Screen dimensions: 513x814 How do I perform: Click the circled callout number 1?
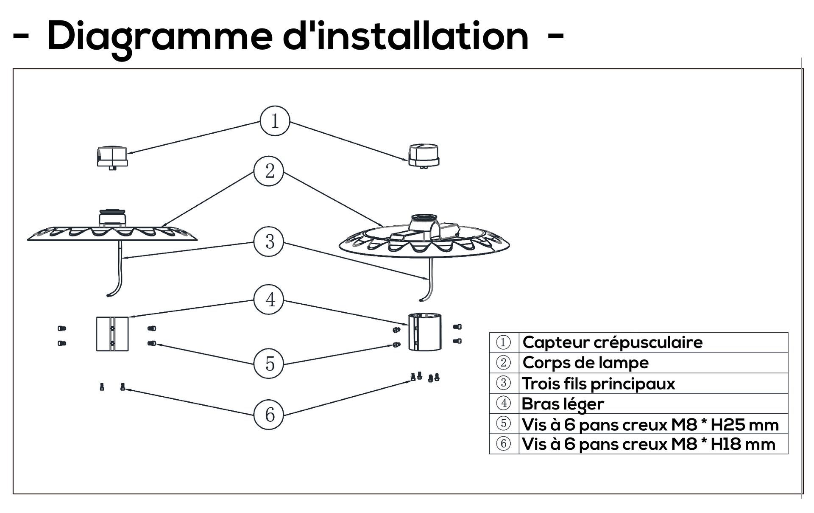tap(275, 121)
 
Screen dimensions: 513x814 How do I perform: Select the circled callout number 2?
tap(269, 171)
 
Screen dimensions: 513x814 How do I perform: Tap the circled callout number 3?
tap(269, 241)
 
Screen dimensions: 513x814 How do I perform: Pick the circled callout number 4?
tap(269, 300)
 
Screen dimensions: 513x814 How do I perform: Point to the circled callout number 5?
tap(269, 364)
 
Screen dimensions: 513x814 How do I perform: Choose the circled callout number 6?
tap(269, 415)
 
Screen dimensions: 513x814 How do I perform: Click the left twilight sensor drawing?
tap(112, 157)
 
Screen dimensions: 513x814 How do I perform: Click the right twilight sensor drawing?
tap(424, 155)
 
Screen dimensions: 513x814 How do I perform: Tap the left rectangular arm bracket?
tap(112, 334)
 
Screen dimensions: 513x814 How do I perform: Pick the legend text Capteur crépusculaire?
tap(612, 342)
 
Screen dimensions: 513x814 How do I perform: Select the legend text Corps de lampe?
tap(585, 363)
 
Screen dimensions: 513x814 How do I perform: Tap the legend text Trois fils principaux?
tap(598, 384)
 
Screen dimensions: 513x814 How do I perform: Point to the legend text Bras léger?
tap(563, 404)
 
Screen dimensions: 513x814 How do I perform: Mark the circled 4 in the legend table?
tap(503, 403)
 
